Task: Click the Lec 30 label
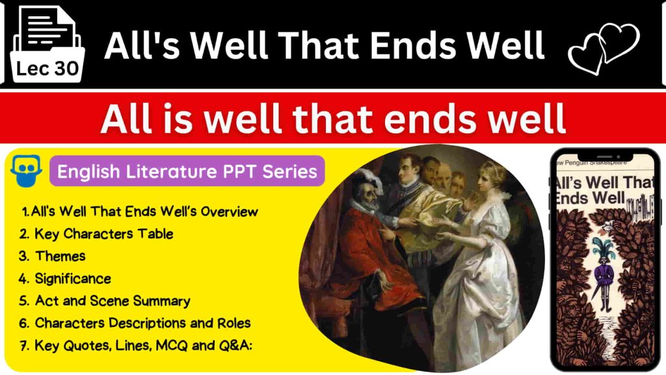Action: pos(47,68)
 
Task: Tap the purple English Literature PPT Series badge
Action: pos(187,171)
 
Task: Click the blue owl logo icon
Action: pos(26,172)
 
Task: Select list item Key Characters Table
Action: pos(103,234)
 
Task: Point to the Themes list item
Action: pos(60,256)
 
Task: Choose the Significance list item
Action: pos(72,279)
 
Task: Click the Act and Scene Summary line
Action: pos(112,301)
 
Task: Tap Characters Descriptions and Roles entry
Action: pos(142,323)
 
